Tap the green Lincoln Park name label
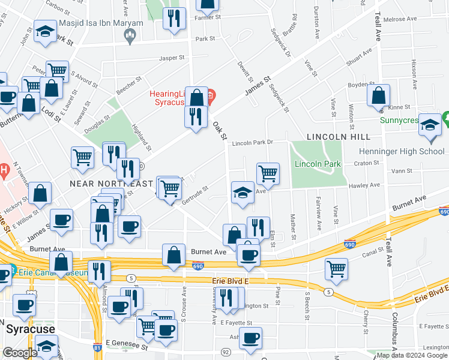pyautogui.click(x=318, y=164)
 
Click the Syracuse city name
pyautogui.click(x=30, y=329)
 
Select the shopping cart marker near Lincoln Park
pyautogui.click(x=268, y=173)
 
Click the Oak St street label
pyautogui.click(x=220, y=131)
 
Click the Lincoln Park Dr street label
pyautogui.click(x=253, y=143)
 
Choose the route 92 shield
pyautogui.click(x=226, y=352)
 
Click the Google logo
pyautogui.click(x=20, y=353)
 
